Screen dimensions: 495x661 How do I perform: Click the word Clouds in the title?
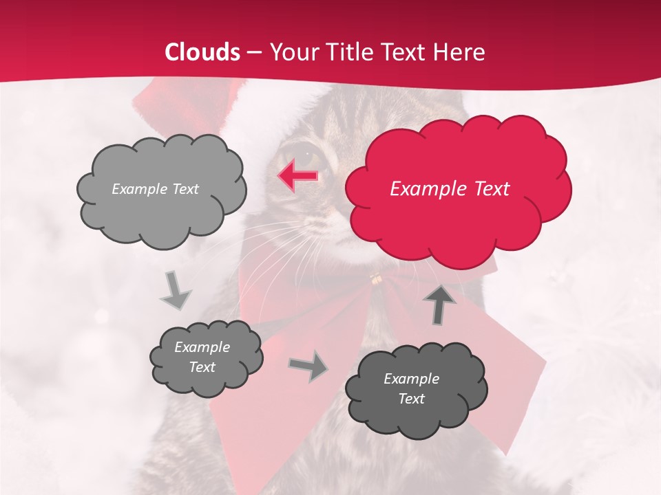tap(202, 52)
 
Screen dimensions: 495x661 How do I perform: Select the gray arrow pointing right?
tap(309, 366)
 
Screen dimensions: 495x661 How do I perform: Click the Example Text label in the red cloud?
tap(450, 189)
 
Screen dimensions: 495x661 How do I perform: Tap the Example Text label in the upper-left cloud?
tap(155, 189)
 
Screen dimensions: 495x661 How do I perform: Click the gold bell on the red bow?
tap(376, 278)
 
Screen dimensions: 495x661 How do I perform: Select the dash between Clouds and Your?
tap(255, 53)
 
